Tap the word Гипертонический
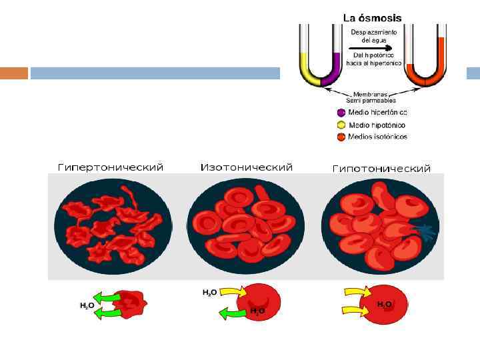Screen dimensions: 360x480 111,167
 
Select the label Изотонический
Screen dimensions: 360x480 247,167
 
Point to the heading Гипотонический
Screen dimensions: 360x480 381,169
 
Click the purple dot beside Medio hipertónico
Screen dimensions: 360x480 341,113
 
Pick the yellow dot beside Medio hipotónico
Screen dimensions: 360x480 341,125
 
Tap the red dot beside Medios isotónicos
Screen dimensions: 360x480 341,137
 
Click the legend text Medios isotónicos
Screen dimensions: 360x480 377,137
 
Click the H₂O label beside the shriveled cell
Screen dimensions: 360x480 87,305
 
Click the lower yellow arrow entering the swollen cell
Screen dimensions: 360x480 354,309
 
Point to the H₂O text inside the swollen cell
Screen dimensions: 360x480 385,304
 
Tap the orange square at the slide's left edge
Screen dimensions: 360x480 14,73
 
